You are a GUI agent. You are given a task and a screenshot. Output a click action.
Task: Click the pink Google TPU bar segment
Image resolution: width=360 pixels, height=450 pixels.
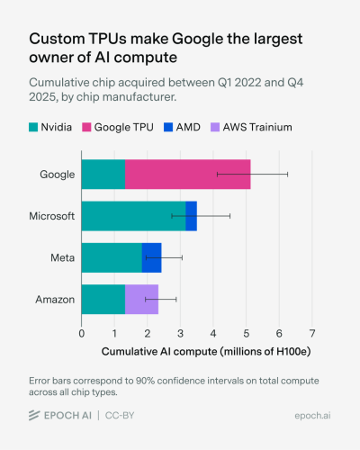pyautogui.click(x=187, y=174)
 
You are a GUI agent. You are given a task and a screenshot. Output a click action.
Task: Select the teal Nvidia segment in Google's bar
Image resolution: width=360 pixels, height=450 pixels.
pyautogui.click(x=103, y=174)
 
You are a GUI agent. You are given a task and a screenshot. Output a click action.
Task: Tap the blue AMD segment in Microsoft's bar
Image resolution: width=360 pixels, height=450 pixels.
pyautogui.click(x=191, y=216)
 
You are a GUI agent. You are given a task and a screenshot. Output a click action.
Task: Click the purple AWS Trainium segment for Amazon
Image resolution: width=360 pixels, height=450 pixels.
pyautogui.click(x=141, y=299)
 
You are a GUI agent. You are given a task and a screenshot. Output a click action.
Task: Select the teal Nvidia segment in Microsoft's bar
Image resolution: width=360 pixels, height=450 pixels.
pyautogui.click(x=133, y=216)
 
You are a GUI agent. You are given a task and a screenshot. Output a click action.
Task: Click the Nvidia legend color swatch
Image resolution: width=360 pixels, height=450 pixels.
pyautogui.click(x=37, y=128)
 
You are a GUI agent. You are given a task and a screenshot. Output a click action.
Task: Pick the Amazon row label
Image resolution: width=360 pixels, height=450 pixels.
pyautogui.click(x=54, y=299)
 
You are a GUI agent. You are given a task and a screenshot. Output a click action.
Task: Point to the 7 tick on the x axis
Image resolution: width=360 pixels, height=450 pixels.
pyautogui.click(x=311, y=333)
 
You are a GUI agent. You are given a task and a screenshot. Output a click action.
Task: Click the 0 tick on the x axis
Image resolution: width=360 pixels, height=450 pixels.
pyautogui.click(x=81, y=333)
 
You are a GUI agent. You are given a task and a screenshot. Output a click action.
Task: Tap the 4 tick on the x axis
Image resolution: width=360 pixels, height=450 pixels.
pyautogui.click(x=213, y=333)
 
